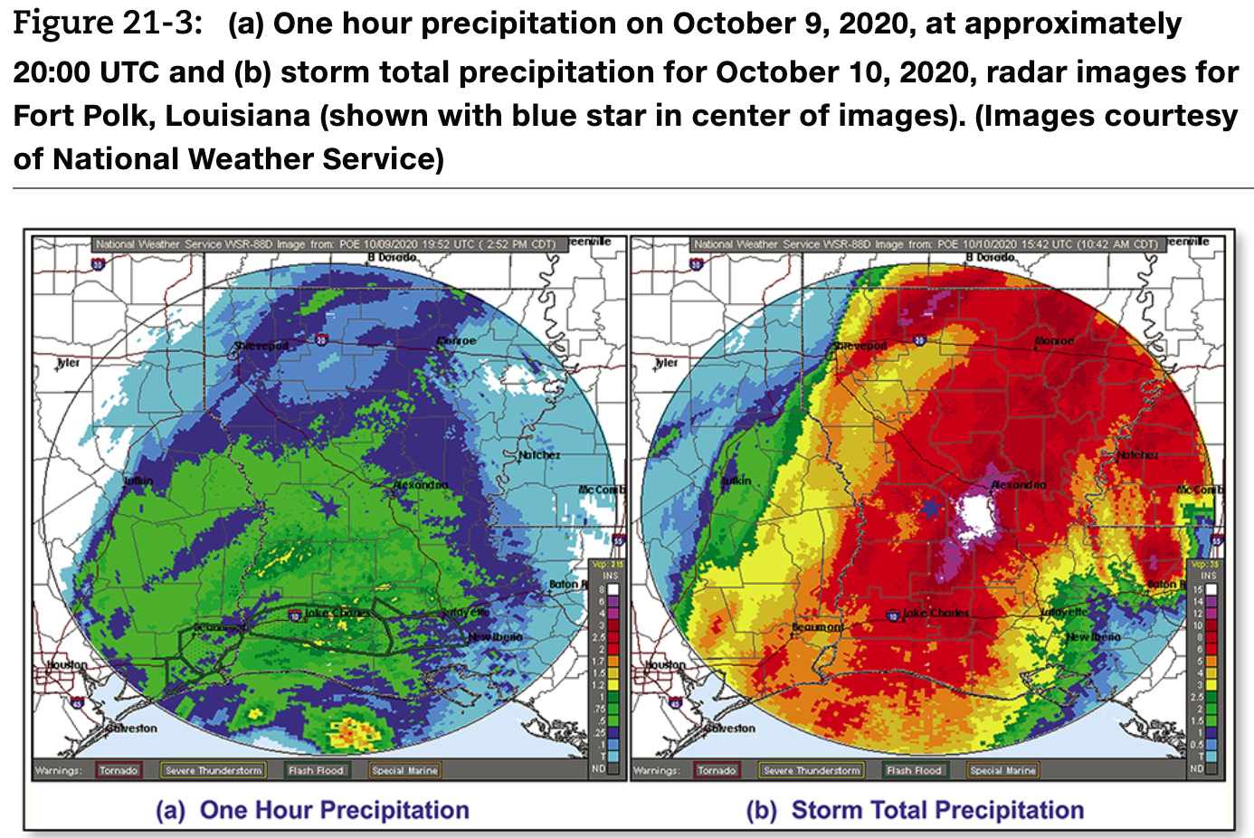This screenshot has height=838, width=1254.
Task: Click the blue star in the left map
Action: (329, 508)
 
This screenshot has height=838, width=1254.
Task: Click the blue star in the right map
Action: (930, 508)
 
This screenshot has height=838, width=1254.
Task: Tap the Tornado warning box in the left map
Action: (119, 770)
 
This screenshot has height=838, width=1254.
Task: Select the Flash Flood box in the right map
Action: (914, 770)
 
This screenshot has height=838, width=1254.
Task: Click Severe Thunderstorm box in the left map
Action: (214, 770)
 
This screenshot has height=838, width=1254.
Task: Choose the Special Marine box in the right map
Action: (1002, 770)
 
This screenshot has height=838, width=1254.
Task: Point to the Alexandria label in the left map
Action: (421, 485)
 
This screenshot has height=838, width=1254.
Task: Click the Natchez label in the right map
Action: (1137, 455)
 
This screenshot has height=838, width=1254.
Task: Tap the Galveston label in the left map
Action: (132, 728)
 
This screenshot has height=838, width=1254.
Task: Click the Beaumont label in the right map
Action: (818, 627)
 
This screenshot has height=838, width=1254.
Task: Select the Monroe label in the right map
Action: (1054, 341)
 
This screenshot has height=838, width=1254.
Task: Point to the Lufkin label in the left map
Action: (138, 481)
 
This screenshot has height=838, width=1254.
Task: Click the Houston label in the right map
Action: (665, 664)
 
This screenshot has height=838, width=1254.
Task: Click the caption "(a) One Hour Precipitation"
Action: (312, 810)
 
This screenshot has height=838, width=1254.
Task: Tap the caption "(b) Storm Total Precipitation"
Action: (915, 810)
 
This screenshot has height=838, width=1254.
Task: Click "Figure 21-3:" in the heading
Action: (108, 24)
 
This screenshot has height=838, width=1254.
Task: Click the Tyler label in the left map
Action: (69, 362)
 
